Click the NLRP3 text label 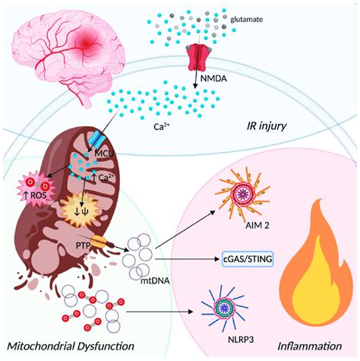tap(227, 340)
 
